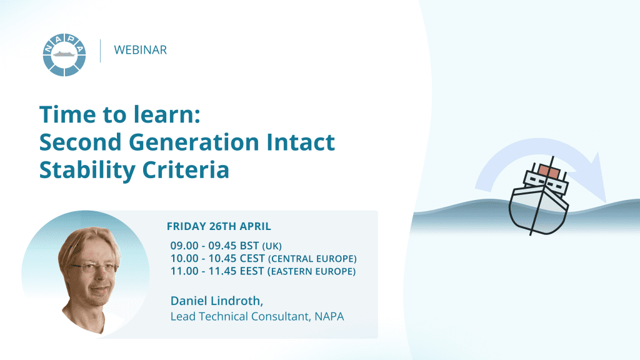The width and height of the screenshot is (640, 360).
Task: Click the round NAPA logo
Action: click(x=64, y=55)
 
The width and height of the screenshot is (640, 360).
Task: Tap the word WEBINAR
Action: click(x=141, y=50)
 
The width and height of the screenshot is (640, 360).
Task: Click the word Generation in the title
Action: click(x=194, y=142)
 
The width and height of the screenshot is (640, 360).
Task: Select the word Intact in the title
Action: click(x=301, y=142)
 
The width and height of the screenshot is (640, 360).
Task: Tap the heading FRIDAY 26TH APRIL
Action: click(x=219, y=226)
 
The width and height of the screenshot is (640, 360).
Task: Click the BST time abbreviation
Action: click(x=249, y=246)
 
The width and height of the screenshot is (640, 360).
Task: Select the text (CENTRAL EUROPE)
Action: click(x=312, y=259)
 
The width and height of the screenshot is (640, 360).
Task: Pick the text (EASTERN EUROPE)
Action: click(x=311, y=271)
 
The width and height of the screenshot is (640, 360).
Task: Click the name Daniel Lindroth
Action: click(x=217, y=301)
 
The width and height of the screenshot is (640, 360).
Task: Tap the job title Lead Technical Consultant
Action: click(x=240, y=317)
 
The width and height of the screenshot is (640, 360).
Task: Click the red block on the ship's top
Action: click(x=549, y=171)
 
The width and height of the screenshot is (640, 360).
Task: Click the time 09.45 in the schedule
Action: click(x=222, y=246)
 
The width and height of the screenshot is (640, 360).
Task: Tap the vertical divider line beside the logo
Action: click(x=101, y=51)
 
